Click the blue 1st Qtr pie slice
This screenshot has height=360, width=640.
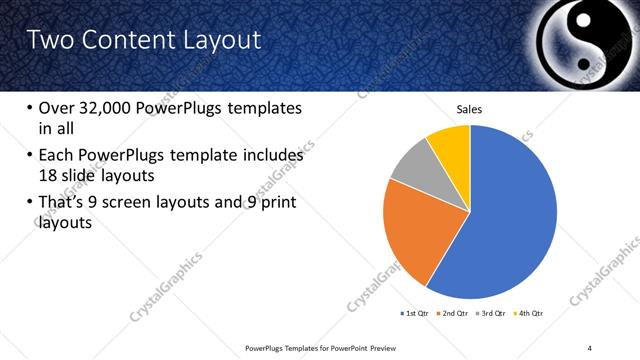point(510,220)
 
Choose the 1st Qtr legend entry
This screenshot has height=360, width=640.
point(414,313)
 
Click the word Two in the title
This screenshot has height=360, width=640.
point(47,40)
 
